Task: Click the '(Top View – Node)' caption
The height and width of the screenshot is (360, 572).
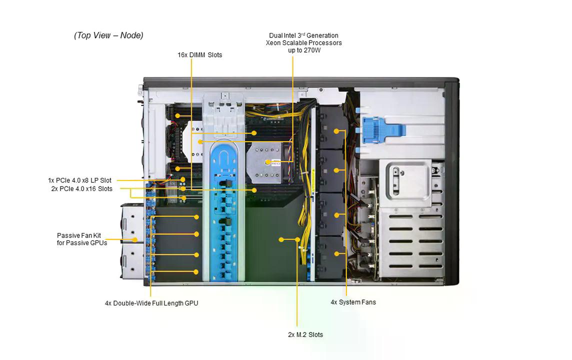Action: tap(108, 35)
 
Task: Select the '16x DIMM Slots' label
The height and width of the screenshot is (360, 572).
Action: tap(199, 55)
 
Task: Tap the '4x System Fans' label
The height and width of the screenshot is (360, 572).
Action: tap(353, 302)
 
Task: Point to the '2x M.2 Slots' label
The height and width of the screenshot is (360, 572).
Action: tap(305, 334)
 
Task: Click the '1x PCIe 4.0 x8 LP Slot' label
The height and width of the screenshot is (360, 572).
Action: tap(79, 180)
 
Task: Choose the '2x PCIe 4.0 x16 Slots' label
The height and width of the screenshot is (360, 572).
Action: tap(81, 188)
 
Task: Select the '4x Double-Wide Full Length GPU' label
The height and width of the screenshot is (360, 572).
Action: tap(151, 303)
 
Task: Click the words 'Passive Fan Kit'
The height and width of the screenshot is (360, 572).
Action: tap(78, 235)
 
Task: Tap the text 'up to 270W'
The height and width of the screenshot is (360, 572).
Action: tap(304, 50)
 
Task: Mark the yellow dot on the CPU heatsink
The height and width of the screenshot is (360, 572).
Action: tap(268, 162)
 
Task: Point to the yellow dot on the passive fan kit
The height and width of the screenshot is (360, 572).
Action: tap(134, 239)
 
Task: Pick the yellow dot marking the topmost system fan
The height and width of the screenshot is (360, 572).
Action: tap(336, 131)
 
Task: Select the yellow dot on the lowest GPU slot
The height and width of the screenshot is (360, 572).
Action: tap(196, 272)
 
